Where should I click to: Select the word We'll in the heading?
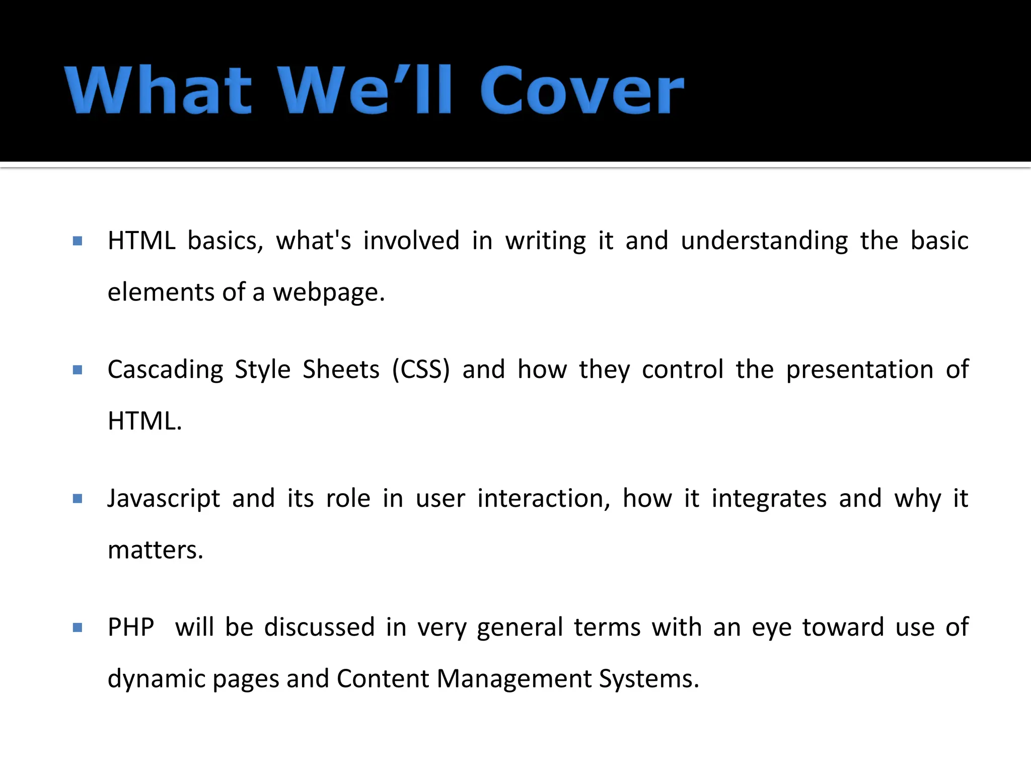click(365, 91)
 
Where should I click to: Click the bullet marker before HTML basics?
click(78, 241)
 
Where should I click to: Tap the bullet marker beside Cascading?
click(78, 370)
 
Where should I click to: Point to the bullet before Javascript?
click(78, 499)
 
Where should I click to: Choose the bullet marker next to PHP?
click(78, 628)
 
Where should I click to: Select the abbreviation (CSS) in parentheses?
click(421, 370)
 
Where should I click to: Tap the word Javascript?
click(164, 499)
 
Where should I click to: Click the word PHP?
click(131, 628)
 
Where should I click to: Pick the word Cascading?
click(165, 370)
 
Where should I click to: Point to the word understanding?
click(764, 241)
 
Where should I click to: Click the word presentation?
click(859, 370)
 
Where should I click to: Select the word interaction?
click(544, 499)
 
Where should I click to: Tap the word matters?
click(155, 550)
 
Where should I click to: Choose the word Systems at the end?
click(648, 679)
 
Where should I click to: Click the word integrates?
click(769, 499)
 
